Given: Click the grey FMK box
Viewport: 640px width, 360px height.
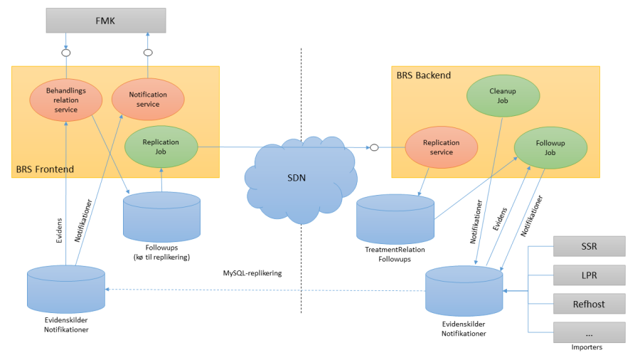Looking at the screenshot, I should [105, 20].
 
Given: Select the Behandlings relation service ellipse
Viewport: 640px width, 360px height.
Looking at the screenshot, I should [65, 100].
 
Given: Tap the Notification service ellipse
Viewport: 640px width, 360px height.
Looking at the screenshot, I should [148, 99].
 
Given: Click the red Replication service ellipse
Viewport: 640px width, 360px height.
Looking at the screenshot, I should [442, 147].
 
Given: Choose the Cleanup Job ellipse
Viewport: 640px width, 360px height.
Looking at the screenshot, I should [503, 96].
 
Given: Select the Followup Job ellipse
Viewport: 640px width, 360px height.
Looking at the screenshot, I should [550, 147].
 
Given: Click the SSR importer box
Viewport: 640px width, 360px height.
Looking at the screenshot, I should [589, 246].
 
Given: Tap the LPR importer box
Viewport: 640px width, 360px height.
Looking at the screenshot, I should [589, 275].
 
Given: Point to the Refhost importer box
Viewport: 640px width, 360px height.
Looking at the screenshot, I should [589, 304].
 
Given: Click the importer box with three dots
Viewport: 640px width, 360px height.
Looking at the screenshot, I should [589, 332].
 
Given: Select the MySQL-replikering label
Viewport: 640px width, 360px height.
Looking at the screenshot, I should [252, 272].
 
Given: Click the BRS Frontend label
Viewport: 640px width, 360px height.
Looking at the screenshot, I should [45, 169].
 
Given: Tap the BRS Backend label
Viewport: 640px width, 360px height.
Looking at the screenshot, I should [424, 75].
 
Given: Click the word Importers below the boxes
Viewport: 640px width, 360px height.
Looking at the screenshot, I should [587, 348].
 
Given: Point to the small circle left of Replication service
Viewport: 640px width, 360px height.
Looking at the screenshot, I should [373, 147].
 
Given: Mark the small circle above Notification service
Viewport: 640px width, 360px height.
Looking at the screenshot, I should [148, 53].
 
